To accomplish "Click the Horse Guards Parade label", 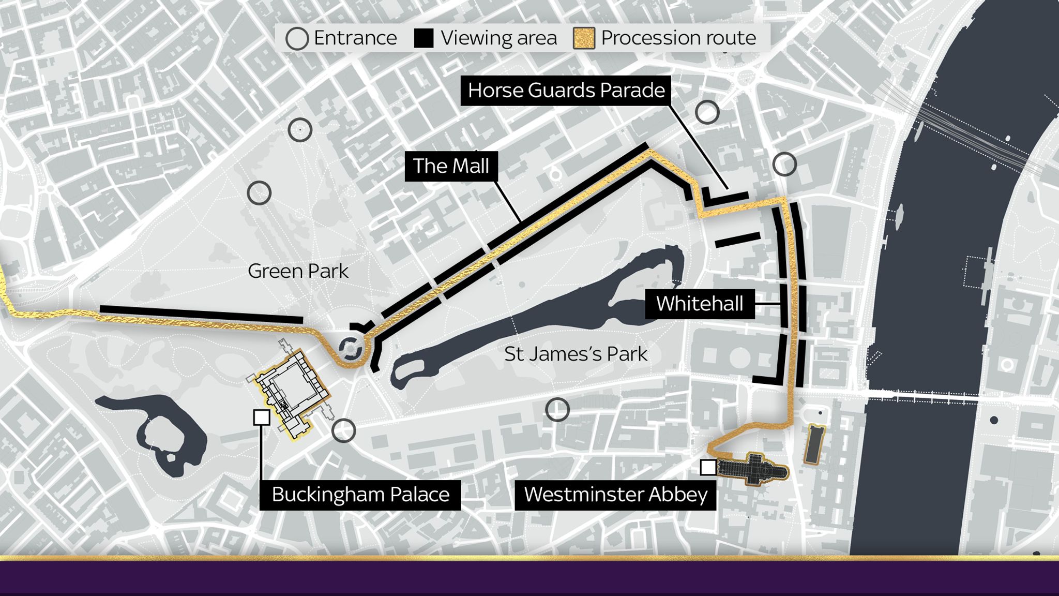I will [566, 91].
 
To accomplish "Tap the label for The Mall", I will [451, 166].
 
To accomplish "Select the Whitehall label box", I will [700, 304].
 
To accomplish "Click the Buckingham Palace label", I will [360, 495].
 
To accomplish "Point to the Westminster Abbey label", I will [615, 495].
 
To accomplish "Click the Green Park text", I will [298, 271].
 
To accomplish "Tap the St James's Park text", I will [576, 354].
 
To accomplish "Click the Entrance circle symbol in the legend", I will [297, 39].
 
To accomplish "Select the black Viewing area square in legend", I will [424, 38].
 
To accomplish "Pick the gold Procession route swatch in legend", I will [584, 38].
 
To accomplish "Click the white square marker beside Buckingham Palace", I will [262, 418].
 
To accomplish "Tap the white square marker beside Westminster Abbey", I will [708, 467].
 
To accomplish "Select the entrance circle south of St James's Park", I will [557, 410].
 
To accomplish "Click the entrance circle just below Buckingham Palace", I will [343, 430].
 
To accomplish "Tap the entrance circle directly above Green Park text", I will [259, 193].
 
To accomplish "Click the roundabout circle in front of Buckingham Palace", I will [351, 348].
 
